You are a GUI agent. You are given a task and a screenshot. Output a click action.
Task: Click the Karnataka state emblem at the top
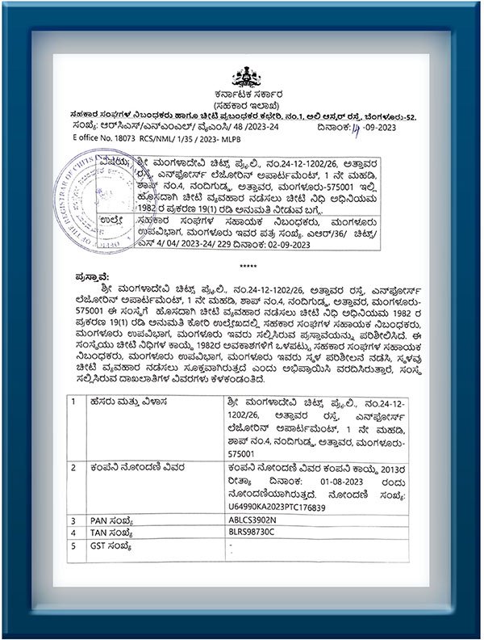(242, 78)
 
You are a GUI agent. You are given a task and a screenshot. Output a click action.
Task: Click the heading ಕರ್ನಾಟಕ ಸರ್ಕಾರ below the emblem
(242, 96)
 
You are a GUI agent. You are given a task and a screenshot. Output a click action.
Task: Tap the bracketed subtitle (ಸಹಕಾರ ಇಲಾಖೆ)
(242, 106)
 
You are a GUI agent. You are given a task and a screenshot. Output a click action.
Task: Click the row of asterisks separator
(242, 264)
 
